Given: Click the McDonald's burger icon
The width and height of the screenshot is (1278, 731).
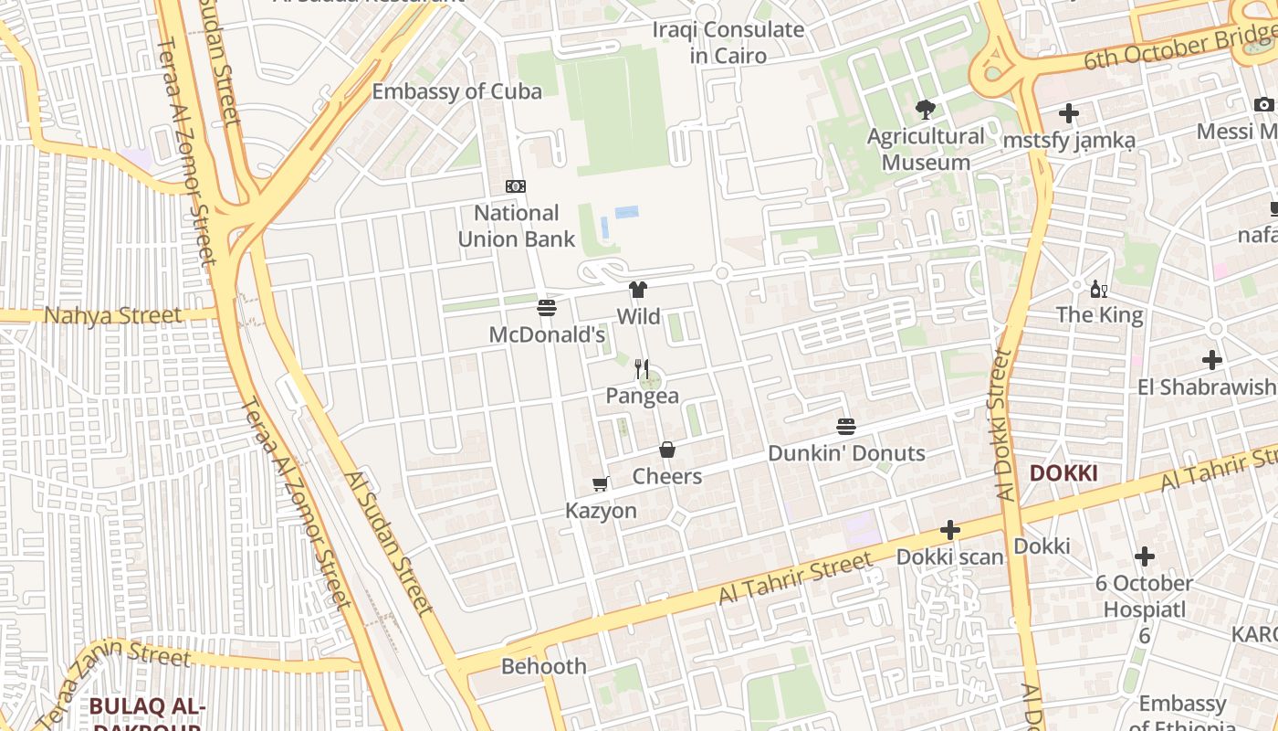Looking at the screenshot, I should tap(547, 308).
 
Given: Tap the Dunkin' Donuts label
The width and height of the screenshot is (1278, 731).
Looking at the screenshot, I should tap(846, 453).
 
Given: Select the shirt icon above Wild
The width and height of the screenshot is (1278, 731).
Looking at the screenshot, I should tap(638, 291).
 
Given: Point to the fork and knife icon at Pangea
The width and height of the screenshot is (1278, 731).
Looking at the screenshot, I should tap(642, 369).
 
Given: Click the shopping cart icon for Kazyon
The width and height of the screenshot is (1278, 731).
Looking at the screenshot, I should tap(600, 483).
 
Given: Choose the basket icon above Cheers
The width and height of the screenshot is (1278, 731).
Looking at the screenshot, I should tap(667, 450).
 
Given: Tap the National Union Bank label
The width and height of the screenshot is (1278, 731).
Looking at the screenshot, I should tap(516, 227).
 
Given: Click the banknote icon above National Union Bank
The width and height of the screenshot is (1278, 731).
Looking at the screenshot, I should tap(516, 186).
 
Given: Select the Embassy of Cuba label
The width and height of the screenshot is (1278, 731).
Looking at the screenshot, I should tap(456, 91).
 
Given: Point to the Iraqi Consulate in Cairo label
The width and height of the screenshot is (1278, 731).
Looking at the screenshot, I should tap(728, 42).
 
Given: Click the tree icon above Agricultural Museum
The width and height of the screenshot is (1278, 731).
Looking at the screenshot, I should tap(926, 111).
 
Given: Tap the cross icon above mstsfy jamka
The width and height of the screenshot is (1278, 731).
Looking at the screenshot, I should tap(1068, 114).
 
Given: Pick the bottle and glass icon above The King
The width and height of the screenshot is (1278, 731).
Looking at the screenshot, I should tap(1099, 290).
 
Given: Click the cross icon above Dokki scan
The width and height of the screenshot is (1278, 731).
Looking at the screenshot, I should tap(950, 530).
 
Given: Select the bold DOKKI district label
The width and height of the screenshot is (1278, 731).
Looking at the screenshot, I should tap(1063, 473).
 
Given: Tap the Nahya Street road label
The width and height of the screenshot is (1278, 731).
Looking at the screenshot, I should tap(113, 316).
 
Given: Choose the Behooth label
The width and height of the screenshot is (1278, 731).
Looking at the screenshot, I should tap(544, 666).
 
